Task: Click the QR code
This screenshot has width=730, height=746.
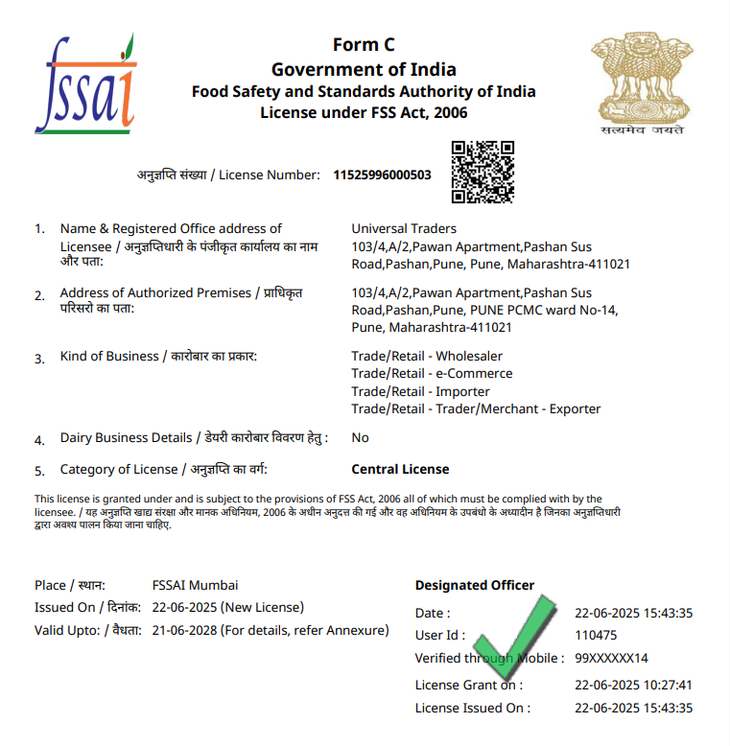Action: (x=483, y=173)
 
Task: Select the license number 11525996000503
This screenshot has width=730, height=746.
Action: (x=382, y=175)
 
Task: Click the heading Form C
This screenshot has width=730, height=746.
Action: (x=364, y=45)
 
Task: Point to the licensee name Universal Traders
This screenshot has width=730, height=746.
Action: (x=404, y=228)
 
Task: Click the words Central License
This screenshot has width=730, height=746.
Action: (x=400, y=469)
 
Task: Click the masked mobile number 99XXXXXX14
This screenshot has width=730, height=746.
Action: (x=611, y=658)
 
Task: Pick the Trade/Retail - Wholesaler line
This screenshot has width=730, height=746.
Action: (x=427, y=356)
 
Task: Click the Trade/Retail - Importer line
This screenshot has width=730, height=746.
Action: (x=420, y=391)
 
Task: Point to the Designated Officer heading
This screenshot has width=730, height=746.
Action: (x=474, y=585)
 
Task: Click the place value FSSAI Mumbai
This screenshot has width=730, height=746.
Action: (x=195, y=585)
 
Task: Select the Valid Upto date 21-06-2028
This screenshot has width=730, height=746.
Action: (x=185, y=630)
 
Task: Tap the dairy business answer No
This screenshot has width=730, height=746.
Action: (x=360, y=437)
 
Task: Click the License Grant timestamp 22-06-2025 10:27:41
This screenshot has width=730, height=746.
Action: (x=633, y=685)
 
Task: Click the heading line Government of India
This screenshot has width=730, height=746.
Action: (x=364, y=69)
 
